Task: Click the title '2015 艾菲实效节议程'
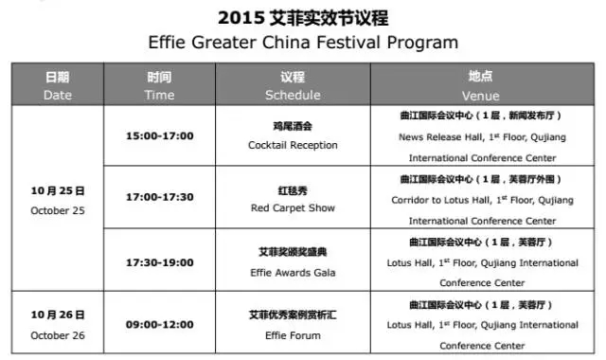pos(303,18)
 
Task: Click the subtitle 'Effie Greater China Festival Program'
pos(303,43)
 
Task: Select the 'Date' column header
pos(58,85)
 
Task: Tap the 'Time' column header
pos(159,85)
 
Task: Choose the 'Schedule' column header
pos(292,85)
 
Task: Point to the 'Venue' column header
pos(481,85)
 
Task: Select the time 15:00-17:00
pos(159,135)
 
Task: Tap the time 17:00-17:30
pos(159,198)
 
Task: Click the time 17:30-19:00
pos(159,261)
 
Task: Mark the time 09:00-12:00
pos(159,324)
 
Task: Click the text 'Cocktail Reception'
pos(292,146)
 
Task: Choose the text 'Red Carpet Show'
pos(292,208)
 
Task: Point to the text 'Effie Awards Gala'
pos(292,272)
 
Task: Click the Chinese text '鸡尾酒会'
pos(292,126)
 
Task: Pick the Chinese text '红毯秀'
pos(292,189)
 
